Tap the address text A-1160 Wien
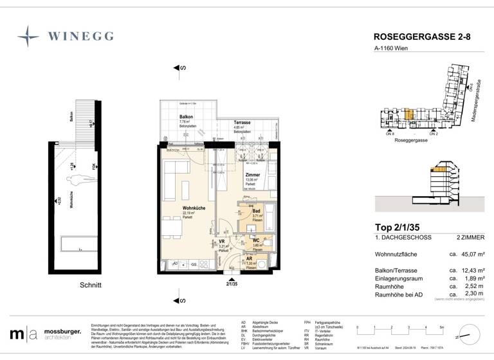click(391, 49)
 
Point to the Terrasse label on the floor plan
click(242, 122)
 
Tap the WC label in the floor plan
click(255, 240)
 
